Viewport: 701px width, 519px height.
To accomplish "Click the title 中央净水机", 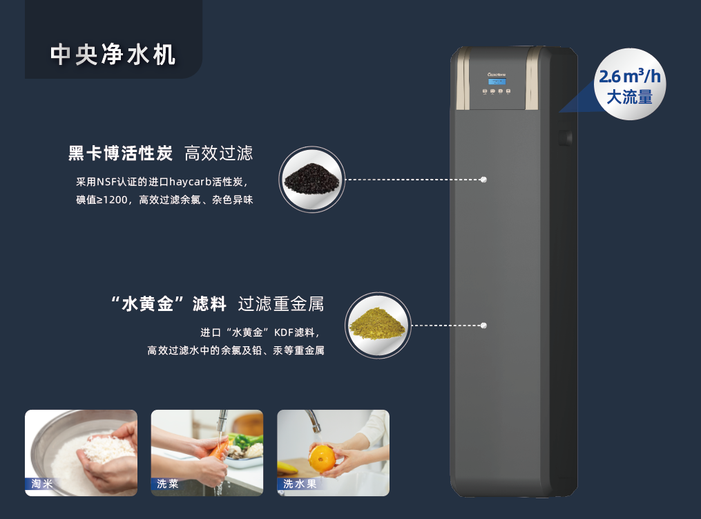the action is click(x=113, y=55).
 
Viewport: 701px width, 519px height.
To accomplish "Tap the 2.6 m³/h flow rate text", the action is click(x=630, y=76).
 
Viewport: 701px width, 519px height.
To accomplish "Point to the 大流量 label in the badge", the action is click(x=629, y=97).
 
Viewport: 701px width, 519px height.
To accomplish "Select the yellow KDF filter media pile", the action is click(x=377, y=323).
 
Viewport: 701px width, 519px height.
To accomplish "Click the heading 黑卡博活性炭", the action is click(x=120, y=153).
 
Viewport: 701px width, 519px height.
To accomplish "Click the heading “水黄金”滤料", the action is click(x=168, y=304).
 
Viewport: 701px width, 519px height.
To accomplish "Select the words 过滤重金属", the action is click(x=281, y=304).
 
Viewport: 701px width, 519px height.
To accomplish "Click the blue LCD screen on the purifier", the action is click(x=497, y=82).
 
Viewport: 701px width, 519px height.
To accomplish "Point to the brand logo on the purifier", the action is click(x=497, y=74).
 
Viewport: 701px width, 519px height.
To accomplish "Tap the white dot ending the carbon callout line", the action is click(x=483, y=180).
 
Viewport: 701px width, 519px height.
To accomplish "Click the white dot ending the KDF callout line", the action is click(x=483, y=325).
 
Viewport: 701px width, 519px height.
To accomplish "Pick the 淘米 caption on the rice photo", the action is click(x=42, y=484).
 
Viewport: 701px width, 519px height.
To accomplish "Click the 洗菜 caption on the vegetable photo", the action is click(x=168, y=484).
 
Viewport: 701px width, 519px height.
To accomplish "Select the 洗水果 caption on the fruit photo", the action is click(x=300, y=484).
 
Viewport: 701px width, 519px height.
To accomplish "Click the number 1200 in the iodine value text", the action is click(x=115, y=200).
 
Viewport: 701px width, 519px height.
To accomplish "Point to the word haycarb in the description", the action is click(x=190, y=182).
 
